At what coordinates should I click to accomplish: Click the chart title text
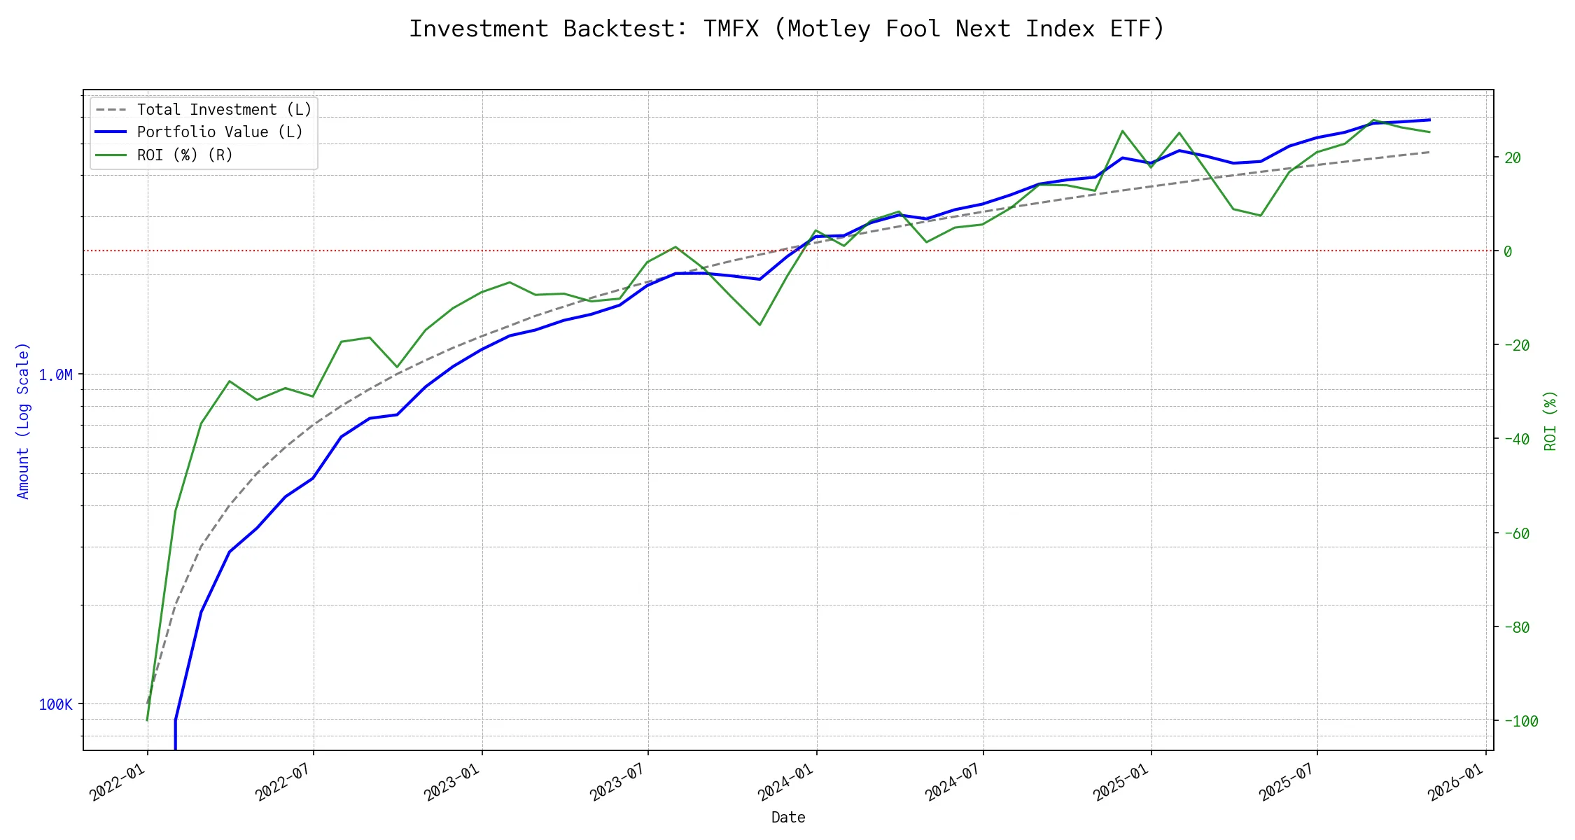tap(787, 29)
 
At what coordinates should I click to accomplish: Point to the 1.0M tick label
tap(55, 375)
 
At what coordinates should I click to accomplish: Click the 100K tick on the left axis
tap(55, 704)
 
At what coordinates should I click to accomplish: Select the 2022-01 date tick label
tap(118, 781)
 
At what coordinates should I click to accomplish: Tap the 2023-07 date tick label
tap(618, 781)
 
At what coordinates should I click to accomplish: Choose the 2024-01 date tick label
tap(786, 781)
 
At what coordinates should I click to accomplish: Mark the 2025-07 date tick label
tap(1287, 781)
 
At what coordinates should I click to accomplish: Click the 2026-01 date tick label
tap(1456, 781)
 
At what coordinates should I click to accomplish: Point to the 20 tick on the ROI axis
tap(1513, 158)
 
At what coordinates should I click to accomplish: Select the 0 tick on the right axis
tap(1508, 251)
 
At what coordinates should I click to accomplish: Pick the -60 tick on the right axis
tap(1516, 534)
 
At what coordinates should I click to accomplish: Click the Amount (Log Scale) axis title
tap(23, 420)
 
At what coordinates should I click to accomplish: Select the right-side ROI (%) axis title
tap(1550, 420)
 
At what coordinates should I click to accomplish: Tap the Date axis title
tap(788, 818)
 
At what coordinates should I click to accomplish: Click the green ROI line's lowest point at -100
tap(147, 720)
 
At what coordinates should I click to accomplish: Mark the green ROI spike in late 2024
tap(1122, 131)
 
